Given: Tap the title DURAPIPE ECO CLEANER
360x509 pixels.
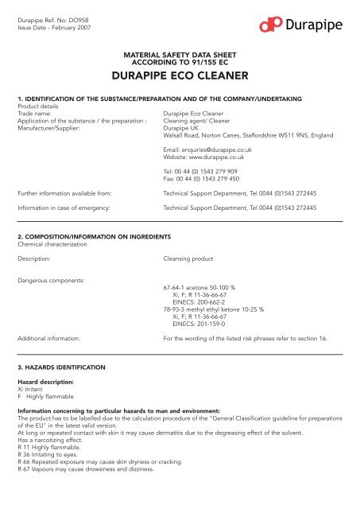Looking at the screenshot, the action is coord(180,79).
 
